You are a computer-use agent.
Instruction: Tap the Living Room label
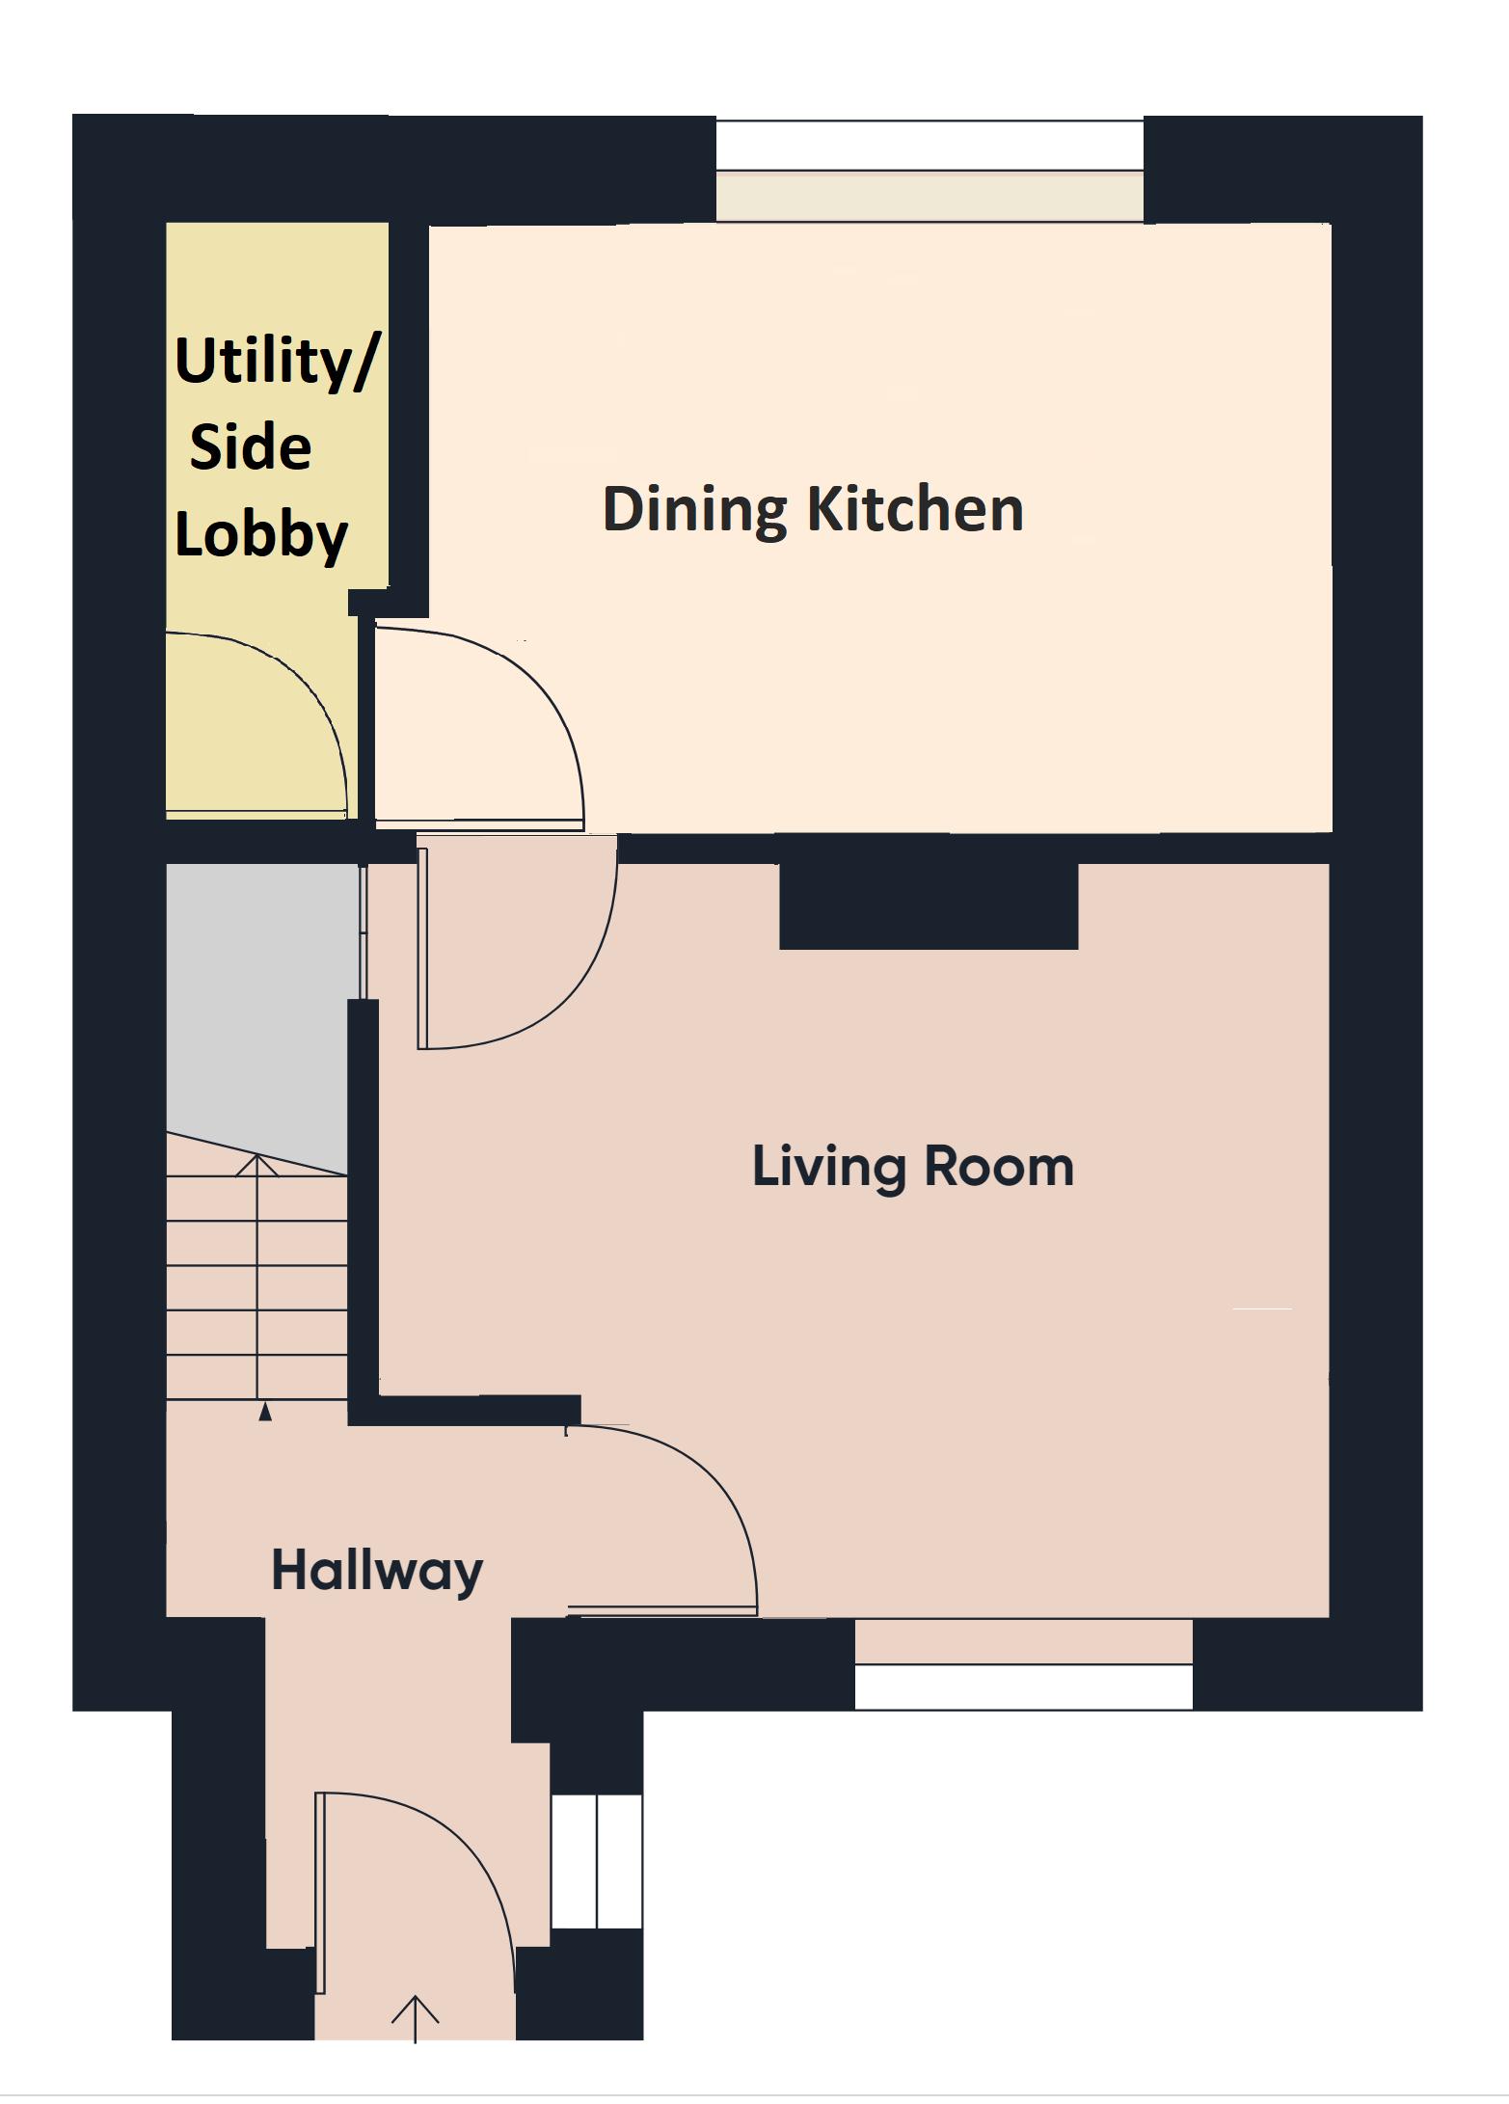tap(912, 1167)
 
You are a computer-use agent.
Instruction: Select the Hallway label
tap(377, 1572)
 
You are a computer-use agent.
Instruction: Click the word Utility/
tap(277, 363)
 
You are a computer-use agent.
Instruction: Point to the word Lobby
tap(260, 534)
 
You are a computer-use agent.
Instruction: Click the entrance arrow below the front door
tap(416, 2018)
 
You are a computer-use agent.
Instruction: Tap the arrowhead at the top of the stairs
tap(257, 1166)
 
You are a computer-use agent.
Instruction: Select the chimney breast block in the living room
tap(928, 905)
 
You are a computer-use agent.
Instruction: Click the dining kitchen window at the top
tap(930, 171)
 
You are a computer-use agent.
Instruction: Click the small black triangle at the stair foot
tap(265, 1413)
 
